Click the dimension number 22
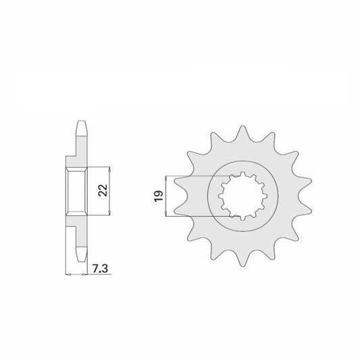coord(103,190)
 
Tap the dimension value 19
coord(159,197)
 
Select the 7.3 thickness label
coord(101,268)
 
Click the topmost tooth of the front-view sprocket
coord(242,132)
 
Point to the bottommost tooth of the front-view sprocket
coord(242,259)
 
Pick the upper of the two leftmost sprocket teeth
coord(181,182)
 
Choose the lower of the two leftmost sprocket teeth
coord(181,210)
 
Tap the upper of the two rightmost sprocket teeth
coord(305,182)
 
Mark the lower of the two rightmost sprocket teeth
coord(305,210)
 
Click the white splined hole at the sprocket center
coord(242,197)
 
